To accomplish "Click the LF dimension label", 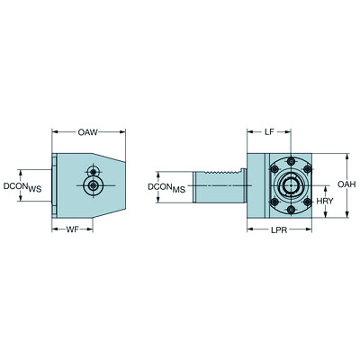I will [270, 131].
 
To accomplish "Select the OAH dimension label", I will [346, 184].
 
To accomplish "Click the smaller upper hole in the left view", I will [92, 171].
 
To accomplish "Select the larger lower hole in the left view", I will [92, 186].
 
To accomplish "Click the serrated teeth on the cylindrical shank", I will [225, 172].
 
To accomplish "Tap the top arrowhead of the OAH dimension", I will [346, 155].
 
